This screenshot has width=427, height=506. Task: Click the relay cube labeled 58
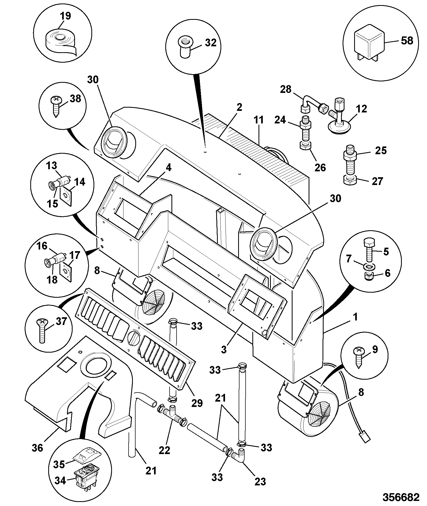pos(370,41)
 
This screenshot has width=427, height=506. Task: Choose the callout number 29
pos(197,403)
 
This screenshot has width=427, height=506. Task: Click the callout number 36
pos(37,447)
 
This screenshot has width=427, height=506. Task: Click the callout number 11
pos(259,120)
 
